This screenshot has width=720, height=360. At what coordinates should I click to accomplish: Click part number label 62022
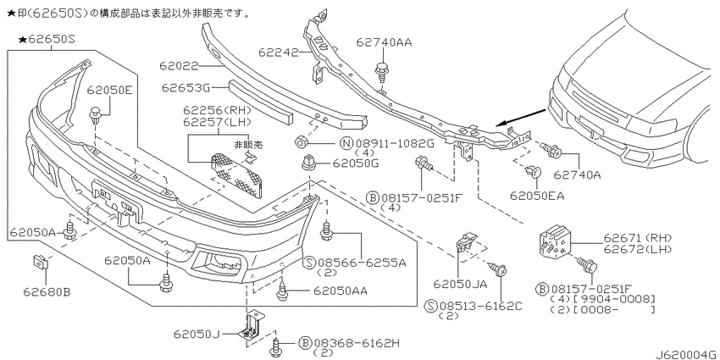tap(180, 67)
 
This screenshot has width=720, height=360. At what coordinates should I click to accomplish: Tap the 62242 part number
tap(278, 53)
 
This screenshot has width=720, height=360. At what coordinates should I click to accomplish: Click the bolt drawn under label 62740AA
tap(381, 70)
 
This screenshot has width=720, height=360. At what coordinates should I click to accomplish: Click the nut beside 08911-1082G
tap(301, 142)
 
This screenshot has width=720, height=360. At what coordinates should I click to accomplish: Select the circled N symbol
tap(346, 144)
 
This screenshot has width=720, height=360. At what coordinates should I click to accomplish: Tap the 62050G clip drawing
tap(307, 163)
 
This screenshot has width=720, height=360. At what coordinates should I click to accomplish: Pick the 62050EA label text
tap(537, 196)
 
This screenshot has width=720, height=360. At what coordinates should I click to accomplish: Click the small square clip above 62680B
tap(41, 263)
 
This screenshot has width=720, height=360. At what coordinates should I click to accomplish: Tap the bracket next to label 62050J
tap(251, 325)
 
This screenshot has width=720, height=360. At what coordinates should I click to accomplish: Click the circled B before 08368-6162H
tap(304, 342)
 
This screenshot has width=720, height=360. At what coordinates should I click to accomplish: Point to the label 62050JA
tap(460, 285)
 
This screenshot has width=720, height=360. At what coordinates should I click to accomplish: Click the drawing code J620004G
tap(686, 354)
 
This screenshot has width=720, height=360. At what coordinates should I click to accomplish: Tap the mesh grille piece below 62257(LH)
tap(236, 175)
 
